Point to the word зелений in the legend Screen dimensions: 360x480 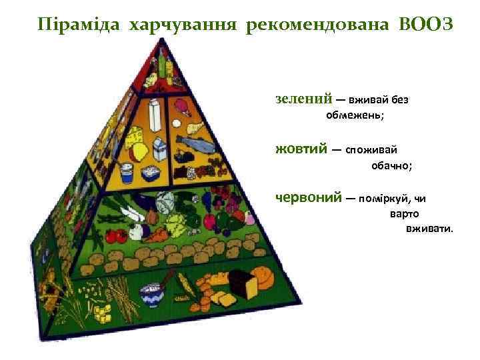coord(304,99)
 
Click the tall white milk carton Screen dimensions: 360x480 coord(156,116)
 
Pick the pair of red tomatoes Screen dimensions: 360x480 coord(116,236)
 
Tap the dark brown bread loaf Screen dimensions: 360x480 coord(243,287)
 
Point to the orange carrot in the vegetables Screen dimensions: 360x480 coord(160,234)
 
